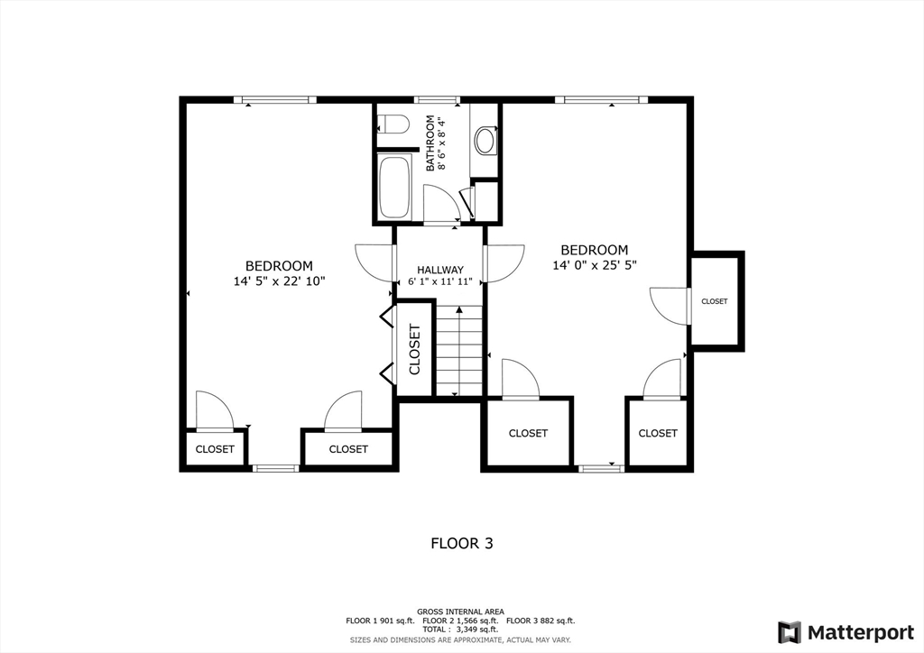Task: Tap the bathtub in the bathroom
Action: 394,188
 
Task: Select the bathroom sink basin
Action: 485,140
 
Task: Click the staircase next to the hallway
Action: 459,350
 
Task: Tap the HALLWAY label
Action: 440,270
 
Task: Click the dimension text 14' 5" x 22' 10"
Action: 279,281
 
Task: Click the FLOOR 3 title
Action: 461,543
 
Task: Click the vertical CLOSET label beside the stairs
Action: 415,349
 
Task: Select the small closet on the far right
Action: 715,301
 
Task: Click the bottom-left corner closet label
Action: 215,449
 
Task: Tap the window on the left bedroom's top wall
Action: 274,99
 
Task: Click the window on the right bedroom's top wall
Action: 601,99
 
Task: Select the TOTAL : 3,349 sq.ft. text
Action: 460,630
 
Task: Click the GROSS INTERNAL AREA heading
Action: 460,612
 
